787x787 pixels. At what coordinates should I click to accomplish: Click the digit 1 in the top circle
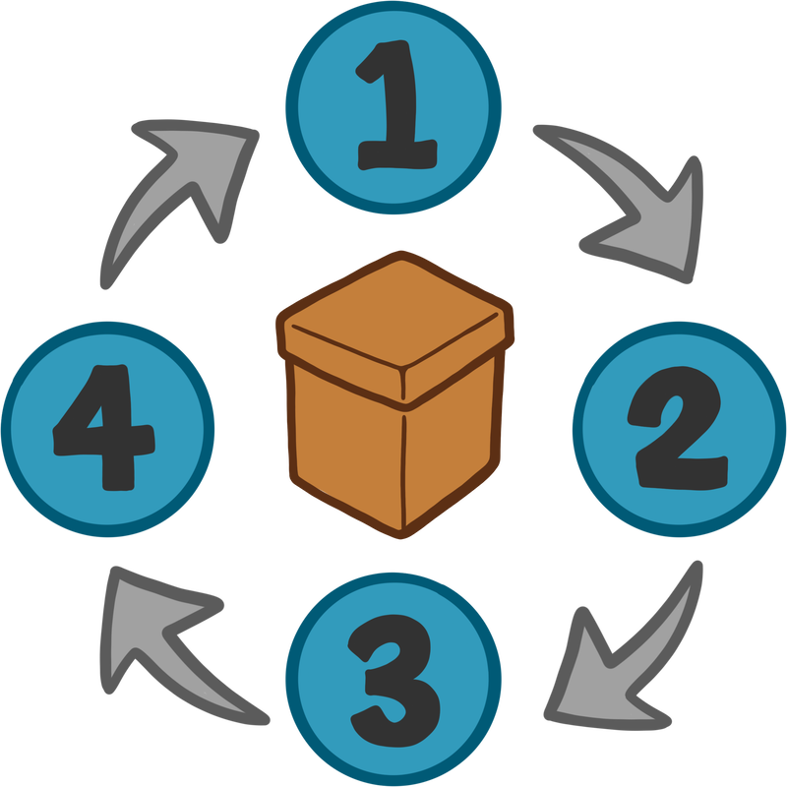coord(393,106)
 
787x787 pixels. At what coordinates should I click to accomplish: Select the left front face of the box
coord(344,443)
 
